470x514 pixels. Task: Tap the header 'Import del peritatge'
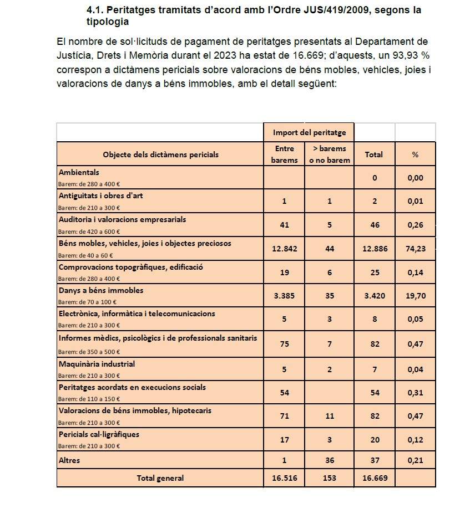click(x=309, y=132)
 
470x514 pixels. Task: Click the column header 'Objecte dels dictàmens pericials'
click(x=161, y=155)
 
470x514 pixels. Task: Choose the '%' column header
click(x=415, y=155)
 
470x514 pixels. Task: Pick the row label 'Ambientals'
click(x=79, y=173)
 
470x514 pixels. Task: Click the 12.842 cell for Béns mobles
click(x=285, y=249)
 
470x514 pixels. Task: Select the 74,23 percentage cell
click(x=416, y=249)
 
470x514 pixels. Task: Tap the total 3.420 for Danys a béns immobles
click(x=374, y=296)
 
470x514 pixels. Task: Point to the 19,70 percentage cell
click(x=416, y=296)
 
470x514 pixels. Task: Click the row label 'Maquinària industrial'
click(x=97, y=364)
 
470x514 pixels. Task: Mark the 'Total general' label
click(x=160, y=478)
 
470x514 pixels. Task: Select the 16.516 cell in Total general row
click(x=285, y=478)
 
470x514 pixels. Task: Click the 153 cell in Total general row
click(x=330, y=478)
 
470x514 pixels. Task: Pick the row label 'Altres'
click(x=69, y=460)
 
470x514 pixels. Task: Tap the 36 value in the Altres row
click(x=330, y=460)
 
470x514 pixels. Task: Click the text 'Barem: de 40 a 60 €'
click(x=86, y=255)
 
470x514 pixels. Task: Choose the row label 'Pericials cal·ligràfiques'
click(x=99, y=434)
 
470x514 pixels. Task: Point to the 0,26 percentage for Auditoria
click(x=416, y=225)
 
